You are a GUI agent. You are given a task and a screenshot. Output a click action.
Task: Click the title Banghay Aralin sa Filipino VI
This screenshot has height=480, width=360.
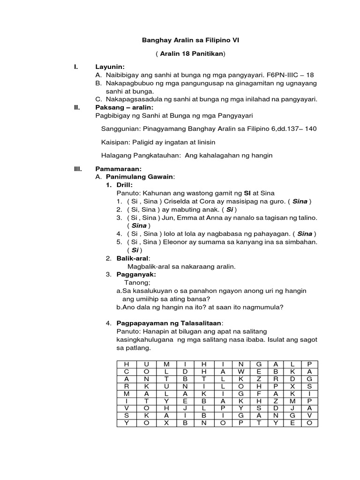coord(190,41)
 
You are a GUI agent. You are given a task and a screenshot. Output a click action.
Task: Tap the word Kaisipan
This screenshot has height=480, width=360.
coord(115,142)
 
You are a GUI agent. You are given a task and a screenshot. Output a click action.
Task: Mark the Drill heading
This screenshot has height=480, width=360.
coord(124,185)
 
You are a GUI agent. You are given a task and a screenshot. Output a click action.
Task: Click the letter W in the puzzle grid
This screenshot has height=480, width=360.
coord(241,371)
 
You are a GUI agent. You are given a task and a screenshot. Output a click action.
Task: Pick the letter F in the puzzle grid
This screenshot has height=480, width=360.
coord(258,393)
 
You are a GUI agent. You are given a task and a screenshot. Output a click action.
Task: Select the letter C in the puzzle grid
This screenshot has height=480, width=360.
coord(126,371)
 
